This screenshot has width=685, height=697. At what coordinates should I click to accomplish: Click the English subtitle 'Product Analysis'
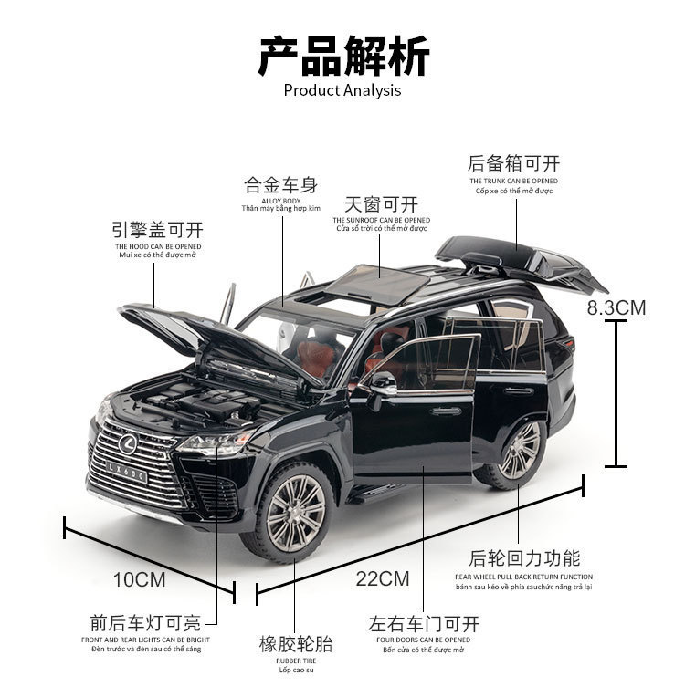tap(342, 89)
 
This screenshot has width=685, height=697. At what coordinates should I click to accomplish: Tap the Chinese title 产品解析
tap(342, 56)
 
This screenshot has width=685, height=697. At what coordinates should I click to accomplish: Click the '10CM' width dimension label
tap(139, 578)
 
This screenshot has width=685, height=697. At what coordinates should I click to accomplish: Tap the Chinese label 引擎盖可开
tap(158, 228)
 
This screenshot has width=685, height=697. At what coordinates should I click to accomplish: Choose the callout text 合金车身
tap(280, 185)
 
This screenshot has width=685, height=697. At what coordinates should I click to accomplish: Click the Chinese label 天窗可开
tap(381, 203)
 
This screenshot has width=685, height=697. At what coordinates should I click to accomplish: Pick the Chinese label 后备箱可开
tap(513, 164)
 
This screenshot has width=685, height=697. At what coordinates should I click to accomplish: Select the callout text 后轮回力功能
tap(524, 558)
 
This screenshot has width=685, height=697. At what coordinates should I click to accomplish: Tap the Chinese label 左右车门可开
tap(424, 625)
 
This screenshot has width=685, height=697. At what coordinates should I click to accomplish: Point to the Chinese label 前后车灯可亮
tap(145, 624)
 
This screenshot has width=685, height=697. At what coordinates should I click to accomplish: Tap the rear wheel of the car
tap(517, 451)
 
